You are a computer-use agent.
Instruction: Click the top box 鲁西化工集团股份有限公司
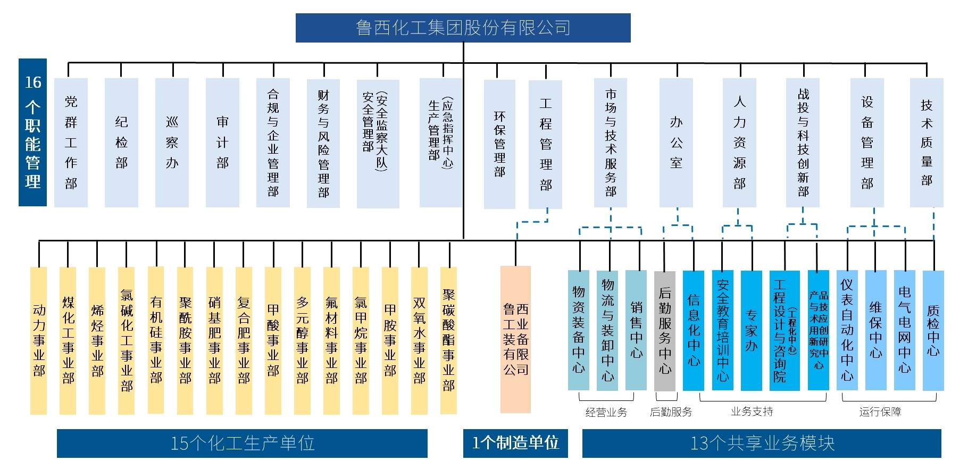[463, 28]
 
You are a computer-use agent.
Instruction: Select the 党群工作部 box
[71, 143]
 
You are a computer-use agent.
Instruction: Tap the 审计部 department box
[222, 143]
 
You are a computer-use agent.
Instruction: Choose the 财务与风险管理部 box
[323, 143]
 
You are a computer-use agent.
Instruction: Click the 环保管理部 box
[499, 144]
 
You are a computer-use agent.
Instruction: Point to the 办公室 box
[676, 143]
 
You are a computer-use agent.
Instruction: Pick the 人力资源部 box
[739, 143]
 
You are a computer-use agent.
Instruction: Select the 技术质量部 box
[927, 143]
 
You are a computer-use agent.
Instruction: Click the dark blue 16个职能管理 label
[32, 132]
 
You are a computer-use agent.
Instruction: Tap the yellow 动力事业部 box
[39, 340]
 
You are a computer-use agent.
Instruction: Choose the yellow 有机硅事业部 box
[156, 340]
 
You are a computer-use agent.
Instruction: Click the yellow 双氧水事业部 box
[419, 340]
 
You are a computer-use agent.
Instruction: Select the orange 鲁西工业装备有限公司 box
[515, 339]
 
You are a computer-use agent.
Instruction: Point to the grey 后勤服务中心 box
[665, 331]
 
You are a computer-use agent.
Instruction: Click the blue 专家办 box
[751, 331]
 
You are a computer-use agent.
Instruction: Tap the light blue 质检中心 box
[933, 331]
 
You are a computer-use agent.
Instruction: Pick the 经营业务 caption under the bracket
[606, 412]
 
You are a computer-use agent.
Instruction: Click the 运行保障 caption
[880, 412]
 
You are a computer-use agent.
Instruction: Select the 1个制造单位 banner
[515, 443]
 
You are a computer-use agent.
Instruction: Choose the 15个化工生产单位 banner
[242, 443]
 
